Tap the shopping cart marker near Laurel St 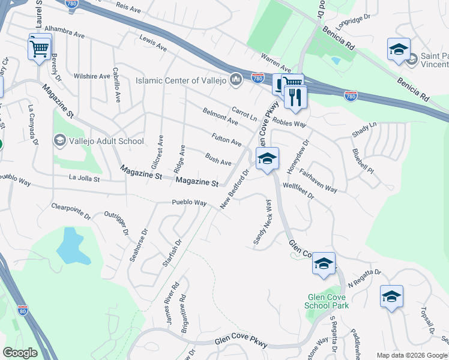coord(40,47)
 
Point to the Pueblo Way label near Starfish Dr coord(189,203)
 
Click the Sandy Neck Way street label coord(262,221)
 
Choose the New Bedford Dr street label coord(234,190)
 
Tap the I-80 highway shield coord(23,310)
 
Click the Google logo coord(19,353)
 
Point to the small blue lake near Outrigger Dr coord(69,247)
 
